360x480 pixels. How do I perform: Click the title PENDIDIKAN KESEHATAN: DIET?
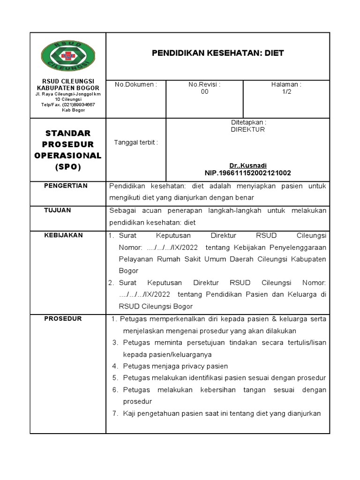tap(217, 53)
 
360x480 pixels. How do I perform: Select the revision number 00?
tap(204, 92)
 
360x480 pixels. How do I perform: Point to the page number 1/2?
tap(286, 92)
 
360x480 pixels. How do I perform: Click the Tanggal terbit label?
tap(136, 142)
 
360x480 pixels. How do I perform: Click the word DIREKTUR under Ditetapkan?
tap(247, 129)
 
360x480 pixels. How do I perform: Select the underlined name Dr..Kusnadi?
tap(247, 166)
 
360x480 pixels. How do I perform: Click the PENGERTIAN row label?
tap(66, 186)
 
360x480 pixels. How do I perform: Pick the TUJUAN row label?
tap(58, 210)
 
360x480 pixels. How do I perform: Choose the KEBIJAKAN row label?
tap(63, 235)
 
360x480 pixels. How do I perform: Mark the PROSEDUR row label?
tap(63, 319)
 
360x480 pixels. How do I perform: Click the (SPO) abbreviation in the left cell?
tap(67, 167)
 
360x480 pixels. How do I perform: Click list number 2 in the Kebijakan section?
tap(111, 283)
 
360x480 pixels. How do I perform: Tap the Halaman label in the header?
tap(286, 84)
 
